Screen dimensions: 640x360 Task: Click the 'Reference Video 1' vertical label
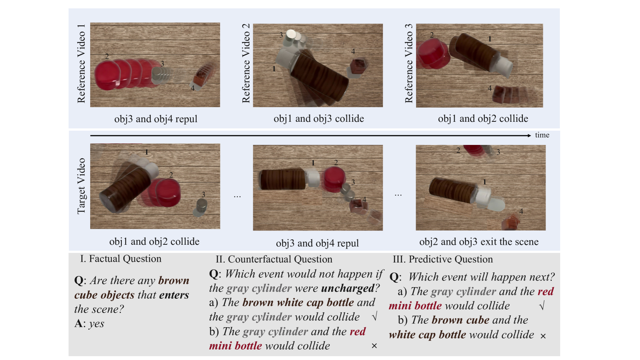point(81,64)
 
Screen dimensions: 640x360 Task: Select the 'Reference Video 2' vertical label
point(246,63)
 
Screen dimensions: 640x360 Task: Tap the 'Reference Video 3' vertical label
point(409,63)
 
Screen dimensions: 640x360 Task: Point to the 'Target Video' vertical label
point(81,186)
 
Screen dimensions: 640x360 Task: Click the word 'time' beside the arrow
point(542,135)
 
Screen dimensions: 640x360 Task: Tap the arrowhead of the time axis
point(529,135)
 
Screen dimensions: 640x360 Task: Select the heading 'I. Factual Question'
point(121,259)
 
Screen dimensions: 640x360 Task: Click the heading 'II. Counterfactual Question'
point(274,259)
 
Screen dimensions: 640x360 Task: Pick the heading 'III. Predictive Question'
point(443,259)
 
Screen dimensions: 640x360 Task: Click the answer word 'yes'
point(97,324)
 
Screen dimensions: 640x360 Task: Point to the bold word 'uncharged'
point(348,288)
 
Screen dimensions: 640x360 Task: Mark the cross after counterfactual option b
point(374,346)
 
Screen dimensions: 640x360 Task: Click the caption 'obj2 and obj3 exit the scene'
point(479,242)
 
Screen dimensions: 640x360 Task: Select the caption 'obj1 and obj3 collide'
point(319,119)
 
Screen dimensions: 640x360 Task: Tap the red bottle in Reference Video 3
point(433,54)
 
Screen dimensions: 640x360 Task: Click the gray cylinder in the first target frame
point(202,205)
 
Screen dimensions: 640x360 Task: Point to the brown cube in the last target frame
point(511,222)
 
